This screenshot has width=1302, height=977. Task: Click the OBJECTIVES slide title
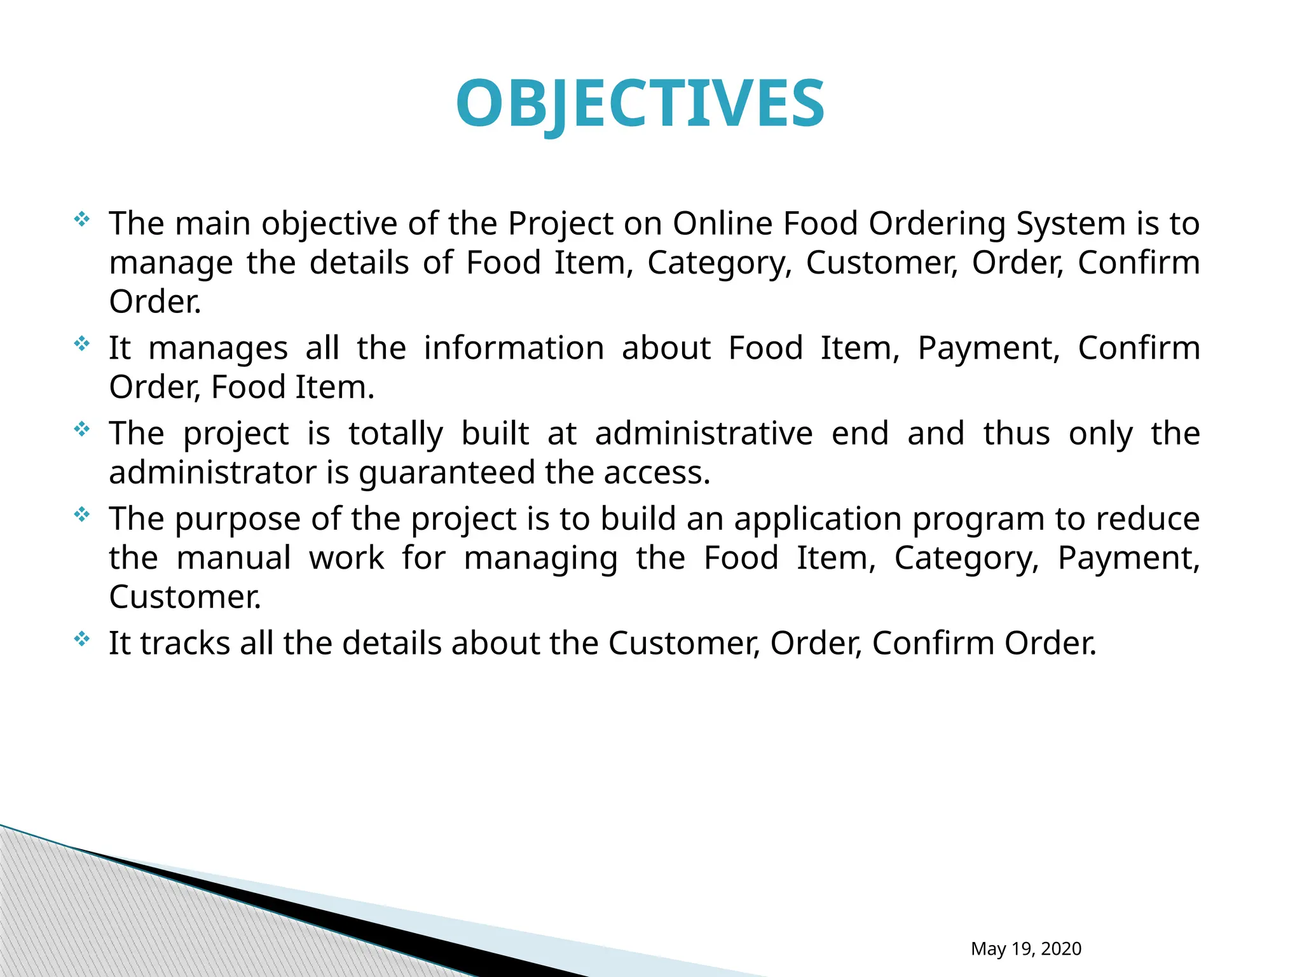point(640,104)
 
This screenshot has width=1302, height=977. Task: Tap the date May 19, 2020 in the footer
point(1025,948)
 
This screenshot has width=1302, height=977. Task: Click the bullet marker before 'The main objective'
point(82,220)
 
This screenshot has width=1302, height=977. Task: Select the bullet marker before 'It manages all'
point(82,345)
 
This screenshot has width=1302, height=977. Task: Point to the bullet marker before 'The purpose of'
point(82,515)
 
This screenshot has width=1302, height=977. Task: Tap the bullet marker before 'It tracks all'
point(82,639)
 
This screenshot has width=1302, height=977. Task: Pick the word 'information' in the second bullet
point(514,348)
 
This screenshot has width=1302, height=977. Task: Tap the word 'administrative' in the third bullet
point(704,433)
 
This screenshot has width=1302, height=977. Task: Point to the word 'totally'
point(395,434)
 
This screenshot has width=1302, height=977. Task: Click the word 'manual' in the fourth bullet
point(234,558)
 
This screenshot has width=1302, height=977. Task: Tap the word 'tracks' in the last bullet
point(185,643)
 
